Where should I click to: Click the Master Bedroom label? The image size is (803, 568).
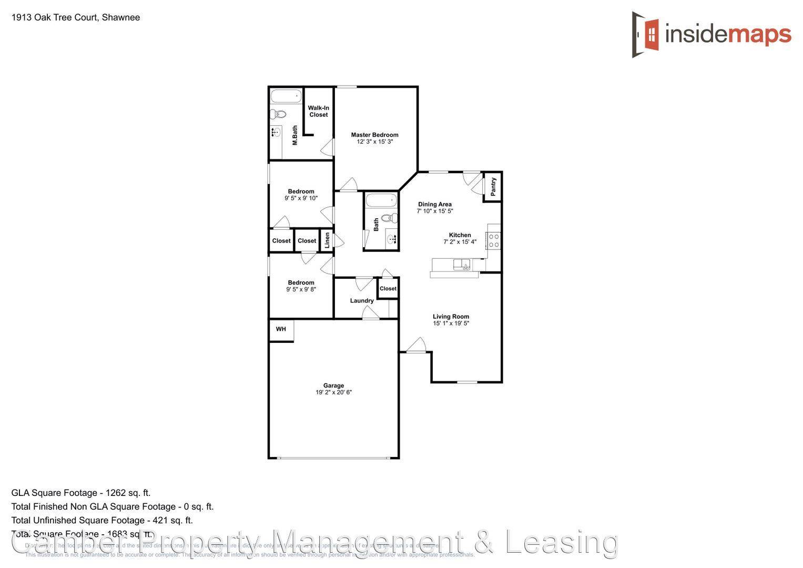[x=374, y=135]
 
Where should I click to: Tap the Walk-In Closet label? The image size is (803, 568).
[x=318, y=111]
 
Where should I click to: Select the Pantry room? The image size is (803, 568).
[x=493, y=187]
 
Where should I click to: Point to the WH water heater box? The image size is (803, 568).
[x=281, y=330]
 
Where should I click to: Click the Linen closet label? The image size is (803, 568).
[x=327, y=240]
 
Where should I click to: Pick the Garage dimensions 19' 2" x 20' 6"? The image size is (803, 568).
[x=333, y=392]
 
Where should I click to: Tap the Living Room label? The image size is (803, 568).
[x=451, y=317]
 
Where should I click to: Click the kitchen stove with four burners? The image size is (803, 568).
[x=494, y=240]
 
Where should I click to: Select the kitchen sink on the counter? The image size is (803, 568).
[x=463, y=265]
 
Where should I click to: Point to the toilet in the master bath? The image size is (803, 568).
[x=278, y=114]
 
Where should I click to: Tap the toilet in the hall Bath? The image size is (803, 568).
[x=389, y=218]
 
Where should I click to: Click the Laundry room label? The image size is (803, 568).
[x=362, y=301]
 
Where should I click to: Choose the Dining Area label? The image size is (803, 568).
[x=434, y=204]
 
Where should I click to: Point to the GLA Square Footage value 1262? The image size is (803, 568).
[x=116, y=493]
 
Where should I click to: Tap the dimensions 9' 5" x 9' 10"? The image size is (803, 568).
[x=301, y=198]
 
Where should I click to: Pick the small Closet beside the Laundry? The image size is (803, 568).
[x=388, y=288]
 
